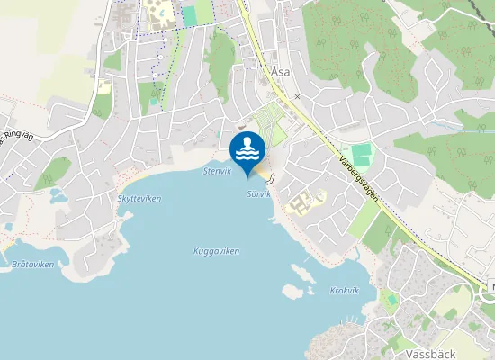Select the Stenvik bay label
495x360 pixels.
217,170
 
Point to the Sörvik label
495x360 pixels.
258,193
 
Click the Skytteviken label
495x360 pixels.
139,199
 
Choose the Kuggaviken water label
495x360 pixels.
217,251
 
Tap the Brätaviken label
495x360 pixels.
34,265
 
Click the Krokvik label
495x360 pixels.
345,291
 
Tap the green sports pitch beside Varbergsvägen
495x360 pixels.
360,154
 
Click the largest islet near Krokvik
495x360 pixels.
292,292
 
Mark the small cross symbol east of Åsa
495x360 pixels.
296,95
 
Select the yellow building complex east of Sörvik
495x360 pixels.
303,201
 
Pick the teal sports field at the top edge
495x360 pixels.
189,14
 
